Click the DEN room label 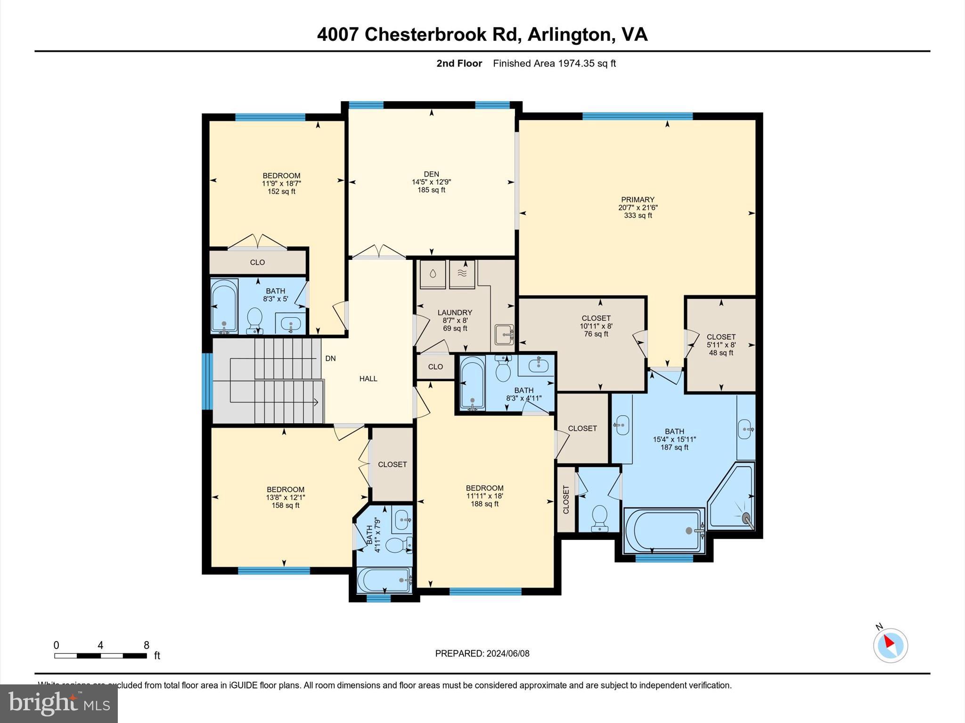431,174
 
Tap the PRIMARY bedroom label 638,200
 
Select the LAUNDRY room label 455,313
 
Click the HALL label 368,378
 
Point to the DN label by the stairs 330,359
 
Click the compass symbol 890,645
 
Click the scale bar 100,655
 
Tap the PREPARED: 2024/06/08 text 482,653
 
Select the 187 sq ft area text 674,447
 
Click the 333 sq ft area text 638,216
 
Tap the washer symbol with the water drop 433,274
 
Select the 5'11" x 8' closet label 721,345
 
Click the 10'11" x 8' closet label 596,326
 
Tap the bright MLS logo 59,703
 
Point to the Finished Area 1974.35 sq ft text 554,64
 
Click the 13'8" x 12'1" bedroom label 286,498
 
